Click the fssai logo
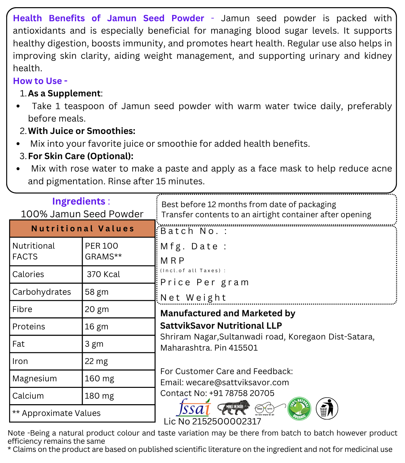click(194, 408)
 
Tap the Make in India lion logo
click(233, 408)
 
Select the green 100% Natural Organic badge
click(299, 408)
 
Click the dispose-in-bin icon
click(327, 408)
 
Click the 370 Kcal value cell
click(103, 274)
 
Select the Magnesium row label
click(35, 379)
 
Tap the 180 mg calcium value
click(99, 396)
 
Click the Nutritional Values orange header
click(82, 229)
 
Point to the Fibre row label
click(22, 309)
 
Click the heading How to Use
click(40, 81)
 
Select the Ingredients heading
click(79, 201)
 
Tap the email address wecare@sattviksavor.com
click(237, 383)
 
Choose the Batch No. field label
click(194, 231)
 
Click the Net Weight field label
click(193, 298)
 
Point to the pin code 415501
click(243, 348)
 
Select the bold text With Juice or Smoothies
click(82, 131)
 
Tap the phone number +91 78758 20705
click(242, 393)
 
